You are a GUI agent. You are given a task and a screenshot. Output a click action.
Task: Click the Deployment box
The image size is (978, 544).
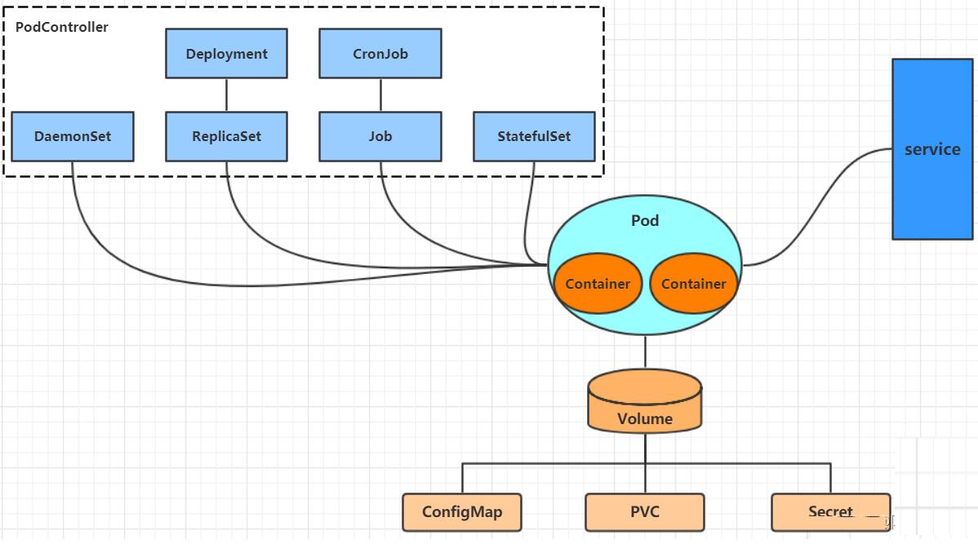coord(226,54)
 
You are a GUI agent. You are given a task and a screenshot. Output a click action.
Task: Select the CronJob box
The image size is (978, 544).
coord(380,54)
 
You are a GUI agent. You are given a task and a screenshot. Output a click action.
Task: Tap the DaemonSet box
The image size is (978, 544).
coord(73,136)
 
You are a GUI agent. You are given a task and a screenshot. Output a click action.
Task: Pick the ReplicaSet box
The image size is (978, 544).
coord(226,136)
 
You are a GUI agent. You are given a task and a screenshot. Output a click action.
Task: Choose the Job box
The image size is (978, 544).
coord(380,136)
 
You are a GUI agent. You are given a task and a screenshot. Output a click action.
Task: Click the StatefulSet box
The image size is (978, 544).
coord(534,136)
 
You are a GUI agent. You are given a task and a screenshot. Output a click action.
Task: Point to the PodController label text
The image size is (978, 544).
coord(62,27)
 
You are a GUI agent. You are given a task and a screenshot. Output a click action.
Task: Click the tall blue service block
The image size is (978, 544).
coord(931,148)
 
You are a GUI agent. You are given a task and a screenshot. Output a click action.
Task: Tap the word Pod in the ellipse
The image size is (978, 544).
coord(645,220)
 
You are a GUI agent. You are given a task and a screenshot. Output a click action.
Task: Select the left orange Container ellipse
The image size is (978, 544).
coord(598,284)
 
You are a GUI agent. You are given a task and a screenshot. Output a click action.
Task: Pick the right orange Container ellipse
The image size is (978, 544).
coord(694,284)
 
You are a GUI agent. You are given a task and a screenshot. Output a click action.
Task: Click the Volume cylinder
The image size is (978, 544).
coord(645,401)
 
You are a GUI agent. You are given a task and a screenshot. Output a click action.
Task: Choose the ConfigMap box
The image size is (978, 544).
coord(462,512)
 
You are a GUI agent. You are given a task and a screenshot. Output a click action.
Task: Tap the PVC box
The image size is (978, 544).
coord(645,512)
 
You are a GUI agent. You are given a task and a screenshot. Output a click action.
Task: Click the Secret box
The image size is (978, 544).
coord(830,512)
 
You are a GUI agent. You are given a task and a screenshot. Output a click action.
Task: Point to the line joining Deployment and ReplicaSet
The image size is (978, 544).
coord(226,95)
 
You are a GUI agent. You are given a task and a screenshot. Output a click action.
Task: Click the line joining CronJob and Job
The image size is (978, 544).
coord(380,95)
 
